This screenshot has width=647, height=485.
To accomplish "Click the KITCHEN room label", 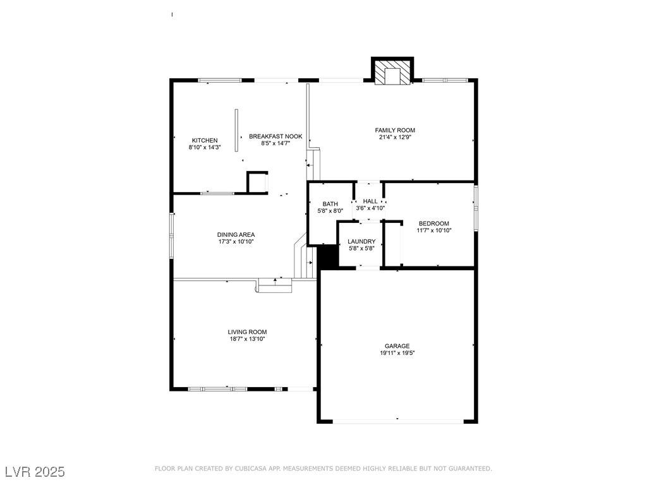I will point(205,140).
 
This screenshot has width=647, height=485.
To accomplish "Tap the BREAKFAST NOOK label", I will point(275,136).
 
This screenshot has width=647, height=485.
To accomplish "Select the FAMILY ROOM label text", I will point(395,130).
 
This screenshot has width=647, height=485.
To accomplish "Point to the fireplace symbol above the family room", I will point(392,72).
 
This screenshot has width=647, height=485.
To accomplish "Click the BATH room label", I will point(330,204).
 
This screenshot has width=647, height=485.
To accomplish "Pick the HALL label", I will point(370,201).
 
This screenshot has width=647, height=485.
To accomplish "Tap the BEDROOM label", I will point(434,224).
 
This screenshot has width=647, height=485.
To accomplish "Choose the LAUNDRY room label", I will point(361,241).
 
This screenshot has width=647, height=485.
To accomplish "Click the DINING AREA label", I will point(236,234).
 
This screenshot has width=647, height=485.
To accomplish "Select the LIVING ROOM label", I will point(247,332).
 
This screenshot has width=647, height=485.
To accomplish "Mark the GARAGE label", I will point(397,346).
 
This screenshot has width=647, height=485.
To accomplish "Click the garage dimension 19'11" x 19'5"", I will point(397,354).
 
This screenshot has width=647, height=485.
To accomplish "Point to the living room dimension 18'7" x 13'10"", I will point(247,339).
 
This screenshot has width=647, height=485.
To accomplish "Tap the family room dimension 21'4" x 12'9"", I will point(395,137).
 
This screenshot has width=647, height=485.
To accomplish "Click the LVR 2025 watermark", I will point(35,472).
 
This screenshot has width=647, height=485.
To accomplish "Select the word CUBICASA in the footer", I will point(252,469).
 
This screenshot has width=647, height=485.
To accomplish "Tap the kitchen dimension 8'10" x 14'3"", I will point(205,147).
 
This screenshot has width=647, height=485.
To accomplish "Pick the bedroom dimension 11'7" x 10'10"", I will point(434,231).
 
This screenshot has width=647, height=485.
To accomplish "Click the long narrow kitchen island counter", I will point(237,130).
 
